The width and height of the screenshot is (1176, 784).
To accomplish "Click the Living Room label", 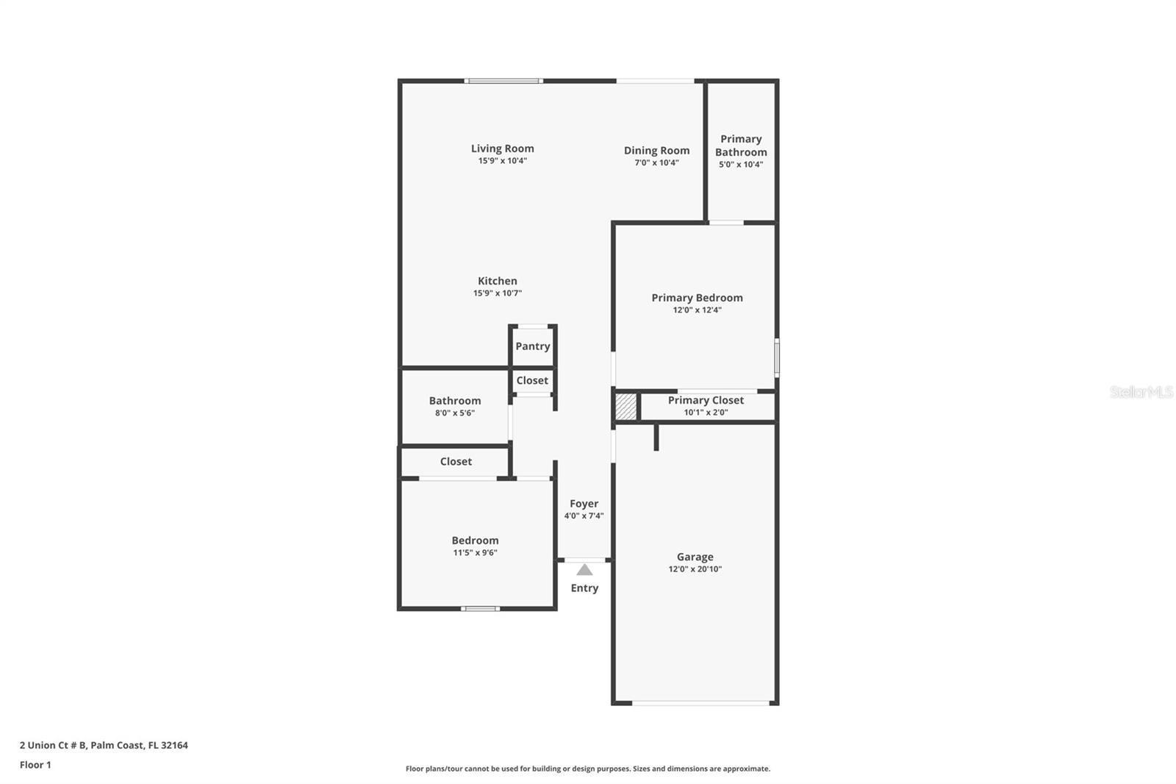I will pyautogui.click(x=502, y=149).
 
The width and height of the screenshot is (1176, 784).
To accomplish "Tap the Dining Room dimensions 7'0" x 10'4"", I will pyautogui.click(x=656, y=163).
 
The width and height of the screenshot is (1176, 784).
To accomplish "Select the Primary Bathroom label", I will pyautogui.click(x=741, y=146).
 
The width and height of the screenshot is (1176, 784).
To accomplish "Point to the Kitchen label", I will pyautogui.click(x=498, y=281).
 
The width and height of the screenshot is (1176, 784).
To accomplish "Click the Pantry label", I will pyautogui.click(x=533, y=346).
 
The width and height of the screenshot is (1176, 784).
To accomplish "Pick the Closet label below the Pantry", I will pyautogui.click(x=532, y=380).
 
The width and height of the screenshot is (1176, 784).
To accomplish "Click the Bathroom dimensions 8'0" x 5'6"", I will pyautogui.click(x=455, y=413).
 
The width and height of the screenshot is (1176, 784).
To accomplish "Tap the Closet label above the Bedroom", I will pyautogui.click(x=456, y=461).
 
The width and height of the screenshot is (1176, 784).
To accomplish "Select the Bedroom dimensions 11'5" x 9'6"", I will pyautogui.click(x=475, y=553).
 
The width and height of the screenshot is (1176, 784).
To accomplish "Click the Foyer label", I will pyautogui.click(x=584, y=504).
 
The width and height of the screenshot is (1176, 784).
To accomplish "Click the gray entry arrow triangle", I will pyautogui.click(x=584, y=569).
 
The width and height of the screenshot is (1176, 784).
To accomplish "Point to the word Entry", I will pyautogui.click(x=584, y=588).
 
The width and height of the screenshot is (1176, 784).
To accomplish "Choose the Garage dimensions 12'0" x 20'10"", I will pyautogui.click(x=695, y=569).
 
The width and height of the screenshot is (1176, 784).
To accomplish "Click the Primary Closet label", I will pyautogui.click(x=706, y=400).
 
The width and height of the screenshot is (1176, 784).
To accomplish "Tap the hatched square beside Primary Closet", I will pyautogui.click(x=625, y=407).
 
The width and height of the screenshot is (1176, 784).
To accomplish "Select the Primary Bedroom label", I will pyautogui.click(x=697, y=298).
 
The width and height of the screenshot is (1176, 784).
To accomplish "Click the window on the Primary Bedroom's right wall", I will pyautogui.click(x=777, y=358).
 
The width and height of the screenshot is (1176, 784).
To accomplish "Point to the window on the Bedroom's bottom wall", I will pyautogui.click(x=481, y=608).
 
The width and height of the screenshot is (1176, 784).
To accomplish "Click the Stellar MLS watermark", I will pyautogui.click(x=1141, y=392).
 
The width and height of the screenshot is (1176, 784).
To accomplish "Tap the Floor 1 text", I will pyautogui.click(x=35, y=765).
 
